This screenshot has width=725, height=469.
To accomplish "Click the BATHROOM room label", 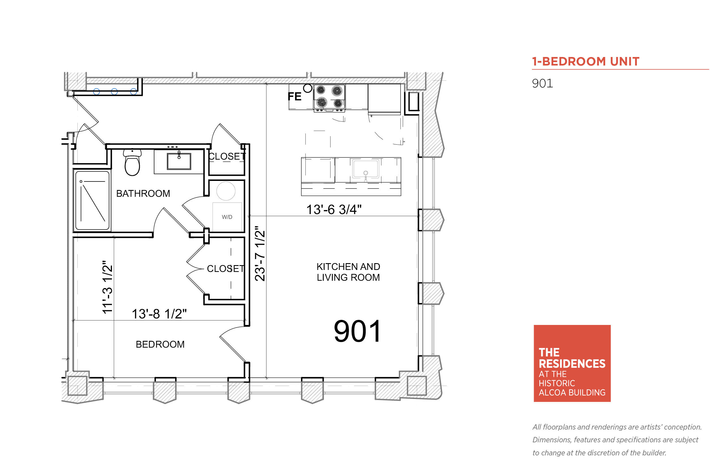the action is [x=143, y=193].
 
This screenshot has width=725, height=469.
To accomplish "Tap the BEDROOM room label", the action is [x=160, y=344].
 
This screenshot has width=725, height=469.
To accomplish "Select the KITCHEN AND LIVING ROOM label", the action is [x=348, y=272].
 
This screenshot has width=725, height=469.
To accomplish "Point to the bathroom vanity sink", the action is [x=179, y=161].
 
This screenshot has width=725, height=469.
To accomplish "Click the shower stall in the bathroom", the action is [x=92, y=200].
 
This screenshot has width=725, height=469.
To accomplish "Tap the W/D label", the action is [x=227, y=217].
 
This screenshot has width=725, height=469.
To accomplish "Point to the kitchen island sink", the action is [x=366, y=168].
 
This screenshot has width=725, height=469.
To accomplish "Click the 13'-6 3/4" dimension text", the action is [x=334, y=210].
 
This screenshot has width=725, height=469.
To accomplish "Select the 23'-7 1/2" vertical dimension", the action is [x=260, y=253].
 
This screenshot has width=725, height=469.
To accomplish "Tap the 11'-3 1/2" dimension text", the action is [x=107, y=287].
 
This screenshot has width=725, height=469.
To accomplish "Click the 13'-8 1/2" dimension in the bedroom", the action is [x=159, y=314].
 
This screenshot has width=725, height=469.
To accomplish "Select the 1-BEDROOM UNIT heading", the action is [x=586, y=62].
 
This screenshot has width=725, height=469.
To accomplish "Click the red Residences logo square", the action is [x=572, y=363].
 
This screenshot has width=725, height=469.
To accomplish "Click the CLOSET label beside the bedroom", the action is [x=226, y=269].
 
